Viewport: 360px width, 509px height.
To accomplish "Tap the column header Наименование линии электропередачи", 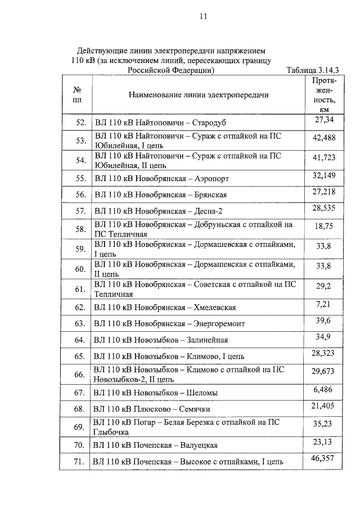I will [199, 94].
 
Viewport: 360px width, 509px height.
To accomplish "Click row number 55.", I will [80, 178].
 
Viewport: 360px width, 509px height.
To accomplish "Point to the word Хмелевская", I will [215, 308].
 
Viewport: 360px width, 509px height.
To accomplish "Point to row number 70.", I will [80, 445].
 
